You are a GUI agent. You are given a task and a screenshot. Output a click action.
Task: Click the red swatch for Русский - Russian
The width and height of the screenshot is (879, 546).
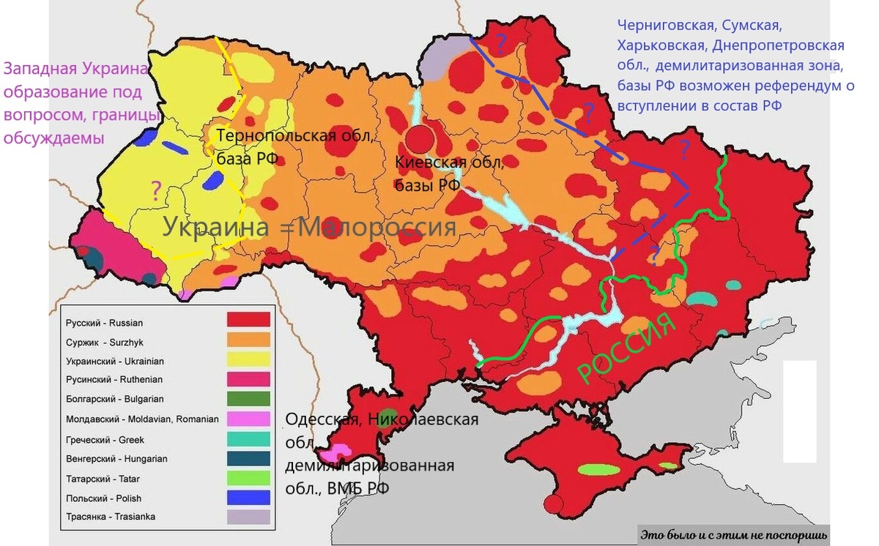pyautogui.click(x=248, y=320)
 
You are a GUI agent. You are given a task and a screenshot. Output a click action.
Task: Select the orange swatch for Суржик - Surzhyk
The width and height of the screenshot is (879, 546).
pyautogui.click(x=248, y=340)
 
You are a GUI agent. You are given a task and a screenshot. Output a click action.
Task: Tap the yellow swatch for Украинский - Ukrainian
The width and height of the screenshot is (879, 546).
pyautogui.click(x=248, y=359)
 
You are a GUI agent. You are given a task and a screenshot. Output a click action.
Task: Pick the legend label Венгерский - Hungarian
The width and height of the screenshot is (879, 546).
pyautogui.click(x=116, y=459)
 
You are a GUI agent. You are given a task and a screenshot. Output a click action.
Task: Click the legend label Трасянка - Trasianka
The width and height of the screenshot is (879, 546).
pyautogui.click(x=110, y=517)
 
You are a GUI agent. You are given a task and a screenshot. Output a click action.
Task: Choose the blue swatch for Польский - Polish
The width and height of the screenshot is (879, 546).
pyautogui.click(x=248, y=497)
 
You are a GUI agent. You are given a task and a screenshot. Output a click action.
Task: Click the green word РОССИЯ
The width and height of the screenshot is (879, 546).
pyautogui.click(x=626, y=347)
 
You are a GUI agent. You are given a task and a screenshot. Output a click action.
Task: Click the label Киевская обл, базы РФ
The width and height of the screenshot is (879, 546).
pyautogui.click(x=448, y=173)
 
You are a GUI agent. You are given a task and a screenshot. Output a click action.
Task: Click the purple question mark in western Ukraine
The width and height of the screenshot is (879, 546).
pyautogui.click(x=155, y=190)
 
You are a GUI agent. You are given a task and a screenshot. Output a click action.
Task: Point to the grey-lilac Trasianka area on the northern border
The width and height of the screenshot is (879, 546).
pyautogui.click(x=441, y=55)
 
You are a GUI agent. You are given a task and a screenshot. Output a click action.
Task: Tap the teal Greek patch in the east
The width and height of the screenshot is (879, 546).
pyautogui.click(x=701, y=299)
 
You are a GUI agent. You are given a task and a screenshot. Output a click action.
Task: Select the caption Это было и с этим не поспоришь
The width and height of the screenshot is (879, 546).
pyautogui.click(x=734, y=535)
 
